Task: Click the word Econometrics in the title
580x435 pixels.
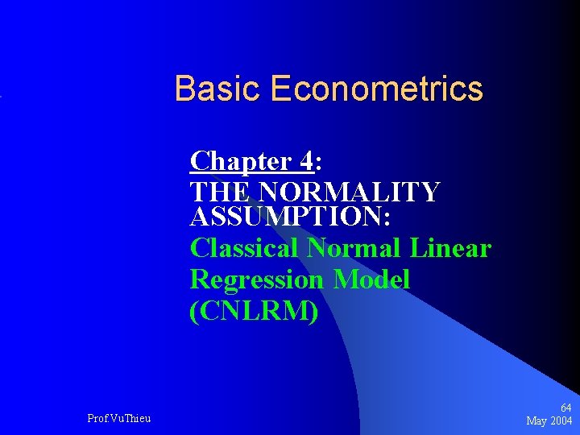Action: [376, 89]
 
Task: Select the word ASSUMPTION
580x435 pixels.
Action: [286, 217]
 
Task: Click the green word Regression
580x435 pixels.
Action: [257, 280]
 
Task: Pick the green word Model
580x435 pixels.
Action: [372, 280]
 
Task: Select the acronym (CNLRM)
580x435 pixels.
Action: [254, 311]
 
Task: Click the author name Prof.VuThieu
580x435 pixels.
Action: [118, 418]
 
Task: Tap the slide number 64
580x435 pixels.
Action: [566, 408]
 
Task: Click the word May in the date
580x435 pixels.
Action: [537, 421]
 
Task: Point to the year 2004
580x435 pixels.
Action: [561, 421]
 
